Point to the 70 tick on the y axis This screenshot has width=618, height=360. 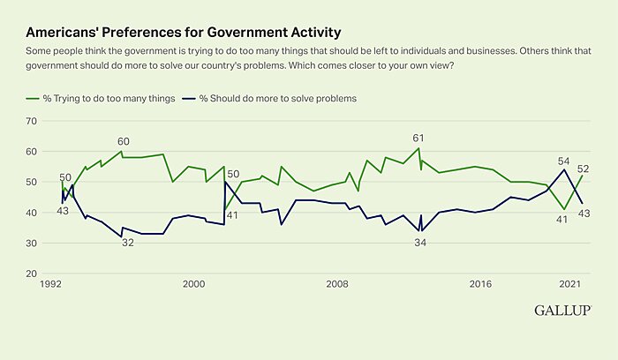tap(33, 121)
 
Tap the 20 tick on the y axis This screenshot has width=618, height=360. tap(33, 274)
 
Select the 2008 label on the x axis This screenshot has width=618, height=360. tap(336, 284)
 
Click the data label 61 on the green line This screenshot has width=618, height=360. tap(419, 138)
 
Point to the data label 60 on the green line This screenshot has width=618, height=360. tap(124, 141)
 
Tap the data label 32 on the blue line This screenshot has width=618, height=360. tap(127, 242)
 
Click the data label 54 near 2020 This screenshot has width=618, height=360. tap(563, 161)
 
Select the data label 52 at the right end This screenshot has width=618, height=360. tap(584, 169)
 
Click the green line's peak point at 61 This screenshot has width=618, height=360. tap(418, 148)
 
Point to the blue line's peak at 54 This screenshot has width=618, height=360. tap(564, 170)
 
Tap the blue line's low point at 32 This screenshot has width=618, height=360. tap(121, 236)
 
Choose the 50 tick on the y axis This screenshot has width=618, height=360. tap(33, 182)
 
